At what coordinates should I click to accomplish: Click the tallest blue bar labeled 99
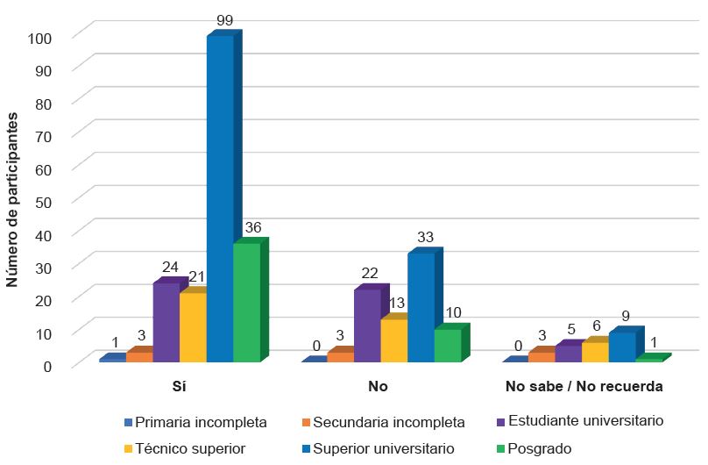pos(220,198)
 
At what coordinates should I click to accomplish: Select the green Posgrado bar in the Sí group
pos(247,303)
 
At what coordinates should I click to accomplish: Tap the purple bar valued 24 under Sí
pos(166,323)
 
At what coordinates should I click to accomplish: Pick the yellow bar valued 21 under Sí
pos(193,327)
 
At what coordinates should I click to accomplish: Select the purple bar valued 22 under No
pos(367,325)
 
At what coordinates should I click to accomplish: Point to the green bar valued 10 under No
pos(447,345)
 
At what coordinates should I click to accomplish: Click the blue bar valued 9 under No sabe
pos(621,347)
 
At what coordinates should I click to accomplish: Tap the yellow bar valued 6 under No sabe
pos(595,352)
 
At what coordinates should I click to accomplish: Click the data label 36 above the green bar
pos(254,228)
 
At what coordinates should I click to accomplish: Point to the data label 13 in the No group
pos(395,304)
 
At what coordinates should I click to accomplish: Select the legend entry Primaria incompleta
pos(196,422)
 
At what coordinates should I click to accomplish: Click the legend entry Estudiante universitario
pos(579,421)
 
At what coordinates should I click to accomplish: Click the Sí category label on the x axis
pos(179,386)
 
